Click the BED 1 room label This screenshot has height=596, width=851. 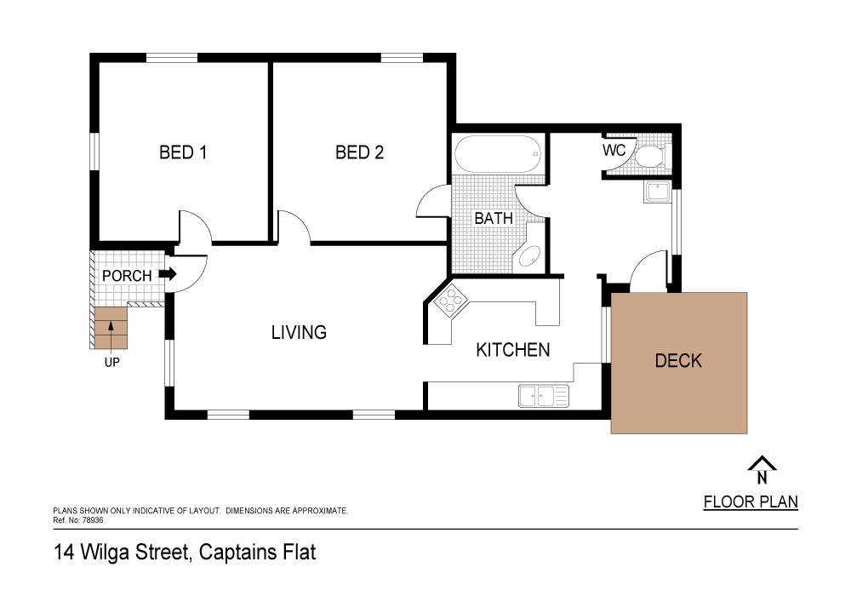point(183,152)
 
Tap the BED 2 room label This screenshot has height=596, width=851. point(359,152)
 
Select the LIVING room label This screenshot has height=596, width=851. point(299,332)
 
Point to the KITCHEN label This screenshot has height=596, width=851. point(513,350)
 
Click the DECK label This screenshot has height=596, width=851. point(678,361)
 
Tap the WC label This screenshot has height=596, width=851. point(614,150)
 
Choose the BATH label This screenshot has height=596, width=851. point(494,218)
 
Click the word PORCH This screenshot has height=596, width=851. point(127,276)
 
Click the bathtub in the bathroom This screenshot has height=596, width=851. point(498,154)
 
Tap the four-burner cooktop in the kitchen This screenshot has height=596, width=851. point(450,301)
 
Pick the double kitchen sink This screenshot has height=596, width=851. point(544,396)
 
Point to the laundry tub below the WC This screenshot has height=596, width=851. point(658,192)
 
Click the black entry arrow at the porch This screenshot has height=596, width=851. point(168,274)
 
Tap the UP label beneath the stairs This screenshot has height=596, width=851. point(111,362)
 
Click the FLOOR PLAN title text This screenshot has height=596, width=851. point(751,502)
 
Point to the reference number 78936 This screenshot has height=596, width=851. point(92,520)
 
